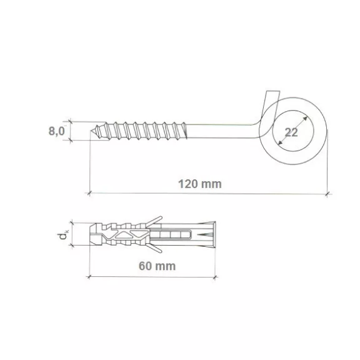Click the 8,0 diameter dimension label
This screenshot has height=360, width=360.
pyautogui.click(x=56, y=131)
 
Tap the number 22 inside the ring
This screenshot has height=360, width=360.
pyautogui.click(x=291, y=132)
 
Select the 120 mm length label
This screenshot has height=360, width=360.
pyautogui.click(x=200, y=184)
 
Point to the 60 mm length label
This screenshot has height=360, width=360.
pyautogui.click(x=157, y=266)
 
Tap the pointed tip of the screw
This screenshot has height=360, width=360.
pyautogui.click(x=91, y=131)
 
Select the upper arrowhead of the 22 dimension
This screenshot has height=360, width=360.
pyautogui.click(x=305, y=119)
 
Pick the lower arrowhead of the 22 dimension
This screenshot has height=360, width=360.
pyautogui.click(x=280, y=143)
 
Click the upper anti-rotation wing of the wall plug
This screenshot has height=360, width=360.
pyautogui.click(x=154, y=221)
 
